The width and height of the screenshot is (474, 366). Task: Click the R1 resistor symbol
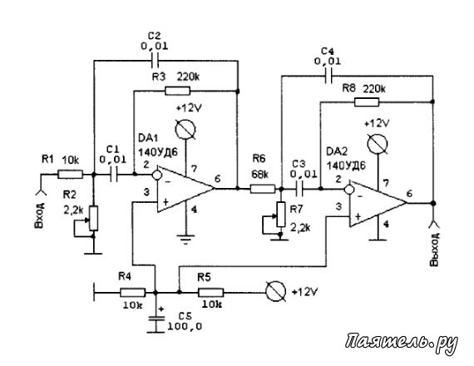(x=70, y=175)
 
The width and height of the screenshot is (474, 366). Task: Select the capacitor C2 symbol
(x=155, y=61)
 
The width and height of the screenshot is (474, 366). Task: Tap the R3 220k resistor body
(x=177, y=91)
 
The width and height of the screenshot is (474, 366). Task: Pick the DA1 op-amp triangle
(x=185, y=188)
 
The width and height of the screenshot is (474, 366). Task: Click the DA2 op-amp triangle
(x=378, y=203)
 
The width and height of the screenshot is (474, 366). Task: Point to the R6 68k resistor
(x=263, y=189)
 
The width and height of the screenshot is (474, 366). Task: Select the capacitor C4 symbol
(x=328, y=76)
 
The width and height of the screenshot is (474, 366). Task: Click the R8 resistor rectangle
(x=367, y=102)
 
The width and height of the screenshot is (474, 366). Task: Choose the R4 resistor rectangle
(x=133, y=293)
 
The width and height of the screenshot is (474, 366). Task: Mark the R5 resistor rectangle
(x=211, y=293)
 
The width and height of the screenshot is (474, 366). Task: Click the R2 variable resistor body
(x=94, y=219)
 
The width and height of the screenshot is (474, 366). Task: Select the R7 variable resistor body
(x=281, y=215)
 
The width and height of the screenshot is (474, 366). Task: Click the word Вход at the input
(x=40, y=215)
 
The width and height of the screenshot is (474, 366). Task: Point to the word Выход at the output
(x=434, y=250)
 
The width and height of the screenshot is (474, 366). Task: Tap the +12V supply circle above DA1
(x=186, y=130)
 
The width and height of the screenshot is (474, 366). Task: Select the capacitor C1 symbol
(x=114, y=175)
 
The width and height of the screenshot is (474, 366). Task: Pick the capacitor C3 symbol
(x=299, y=189)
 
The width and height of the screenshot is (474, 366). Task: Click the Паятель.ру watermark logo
(x=402, y=344)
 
